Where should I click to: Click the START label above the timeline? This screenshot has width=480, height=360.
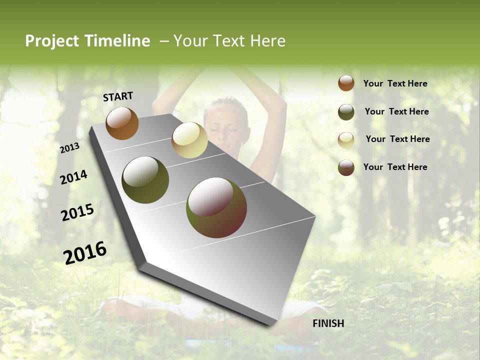click(118, 96)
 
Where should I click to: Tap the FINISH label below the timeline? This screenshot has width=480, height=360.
click(328, 323)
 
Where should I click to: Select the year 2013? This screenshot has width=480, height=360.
click(69, 148)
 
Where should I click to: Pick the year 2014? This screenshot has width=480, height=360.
click(73, 177)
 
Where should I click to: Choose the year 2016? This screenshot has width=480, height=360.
click(85, 252)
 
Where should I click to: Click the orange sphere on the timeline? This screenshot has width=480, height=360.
click(122, 123)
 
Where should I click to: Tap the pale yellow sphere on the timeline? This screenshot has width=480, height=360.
click(189, 140)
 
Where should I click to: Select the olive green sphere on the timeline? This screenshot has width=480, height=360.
click(145, 180)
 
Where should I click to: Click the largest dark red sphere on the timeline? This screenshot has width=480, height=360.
click(216, 207)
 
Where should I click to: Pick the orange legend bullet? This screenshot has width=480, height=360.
click(346, 83)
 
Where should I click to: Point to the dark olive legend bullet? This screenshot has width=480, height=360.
click(346, 112)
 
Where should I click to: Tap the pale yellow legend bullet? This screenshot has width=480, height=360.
click(346, 139)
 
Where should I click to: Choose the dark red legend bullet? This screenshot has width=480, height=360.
click(346, 167)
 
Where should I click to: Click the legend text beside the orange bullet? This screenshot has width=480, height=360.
click(395, 83)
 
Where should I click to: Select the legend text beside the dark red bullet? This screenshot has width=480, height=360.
click(395, 167)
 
